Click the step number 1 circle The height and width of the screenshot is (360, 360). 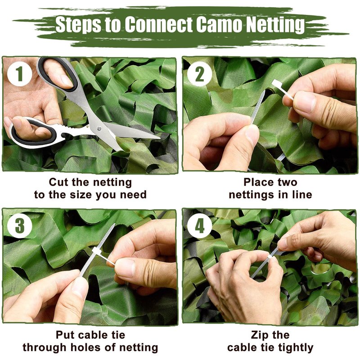[x=19, y=74]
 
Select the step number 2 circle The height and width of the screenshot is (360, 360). [x=199, y=74]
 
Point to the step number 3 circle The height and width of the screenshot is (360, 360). [x=19, y=226]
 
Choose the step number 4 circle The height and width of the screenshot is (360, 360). [x=199, y=226]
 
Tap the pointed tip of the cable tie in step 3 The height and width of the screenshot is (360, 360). [x=114, y=225]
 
